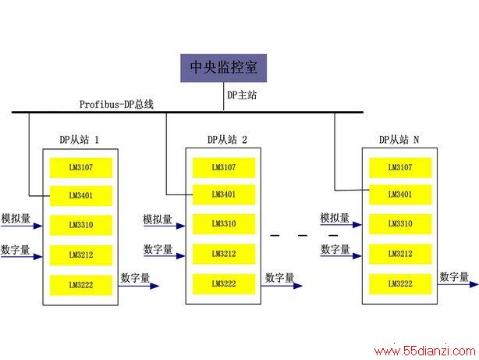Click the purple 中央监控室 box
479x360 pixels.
click(x=223, y=68)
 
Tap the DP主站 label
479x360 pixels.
click(x=242, y=95)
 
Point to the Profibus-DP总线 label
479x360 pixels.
click(x=116, y=105)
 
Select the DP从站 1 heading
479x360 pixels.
click(x=80, y=140)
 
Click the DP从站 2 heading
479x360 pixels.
click(x=227, y=140)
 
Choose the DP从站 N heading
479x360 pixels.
click(x=399, y=140)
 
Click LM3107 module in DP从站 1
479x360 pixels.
click(x=81, y=168)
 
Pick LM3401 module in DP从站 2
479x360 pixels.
click(x=224, y=194)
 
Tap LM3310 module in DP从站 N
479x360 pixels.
click(x=400, y=224)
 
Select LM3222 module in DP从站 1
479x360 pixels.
click(x=81, y=285)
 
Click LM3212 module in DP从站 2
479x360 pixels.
click(x=224, y=254)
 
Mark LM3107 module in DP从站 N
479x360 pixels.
click(x=400, y=168)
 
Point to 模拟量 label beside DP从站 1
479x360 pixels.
click(x=16, y=219)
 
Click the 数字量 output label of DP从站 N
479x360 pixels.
click(x=454, y=276)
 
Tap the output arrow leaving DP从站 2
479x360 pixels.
click(x=282, y=286)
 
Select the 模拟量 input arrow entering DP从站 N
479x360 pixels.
click(x=341, y=225)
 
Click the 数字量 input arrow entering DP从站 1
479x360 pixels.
click(x=21, y=256)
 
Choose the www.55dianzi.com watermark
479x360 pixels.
click(x=425, y=351)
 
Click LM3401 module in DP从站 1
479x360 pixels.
click(x=81, y=196)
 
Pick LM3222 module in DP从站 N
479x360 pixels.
click(x=400, y=283)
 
